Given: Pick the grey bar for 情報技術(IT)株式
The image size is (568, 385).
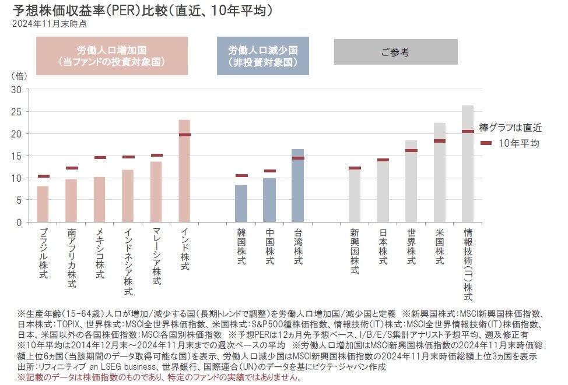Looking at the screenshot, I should pos(468,175).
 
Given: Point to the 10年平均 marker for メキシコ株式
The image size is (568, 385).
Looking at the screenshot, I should pos(100,157).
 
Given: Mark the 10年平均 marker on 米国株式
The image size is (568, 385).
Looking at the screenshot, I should pos(439,141).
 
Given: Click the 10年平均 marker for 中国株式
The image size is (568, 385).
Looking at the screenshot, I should pos(269,171).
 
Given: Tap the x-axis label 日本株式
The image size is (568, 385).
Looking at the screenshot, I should pos(383,248).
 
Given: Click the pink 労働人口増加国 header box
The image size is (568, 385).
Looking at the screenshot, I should pos(112,56).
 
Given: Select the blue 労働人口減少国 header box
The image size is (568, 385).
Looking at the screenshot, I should pos(262,56).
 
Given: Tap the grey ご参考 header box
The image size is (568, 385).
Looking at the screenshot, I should pos(395,52).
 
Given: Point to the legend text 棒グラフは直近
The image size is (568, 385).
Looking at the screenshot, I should pos(510,127).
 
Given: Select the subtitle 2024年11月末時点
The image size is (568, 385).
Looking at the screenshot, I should pos(51,24).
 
